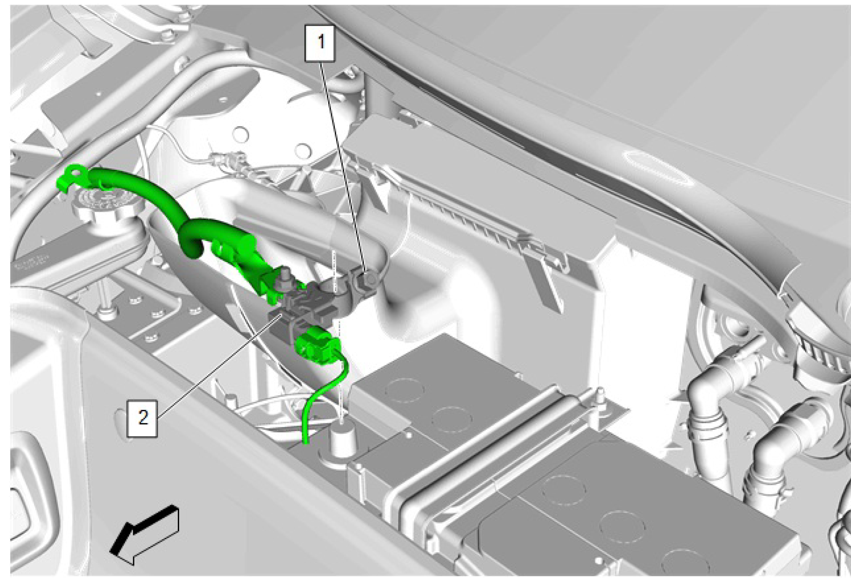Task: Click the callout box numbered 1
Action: pos(321,43)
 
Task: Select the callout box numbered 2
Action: pos(143,416)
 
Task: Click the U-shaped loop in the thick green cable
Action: pos(192,239)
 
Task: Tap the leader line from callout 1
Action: pos(342,164)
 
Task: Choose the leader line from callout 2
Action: pos(216,366)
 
